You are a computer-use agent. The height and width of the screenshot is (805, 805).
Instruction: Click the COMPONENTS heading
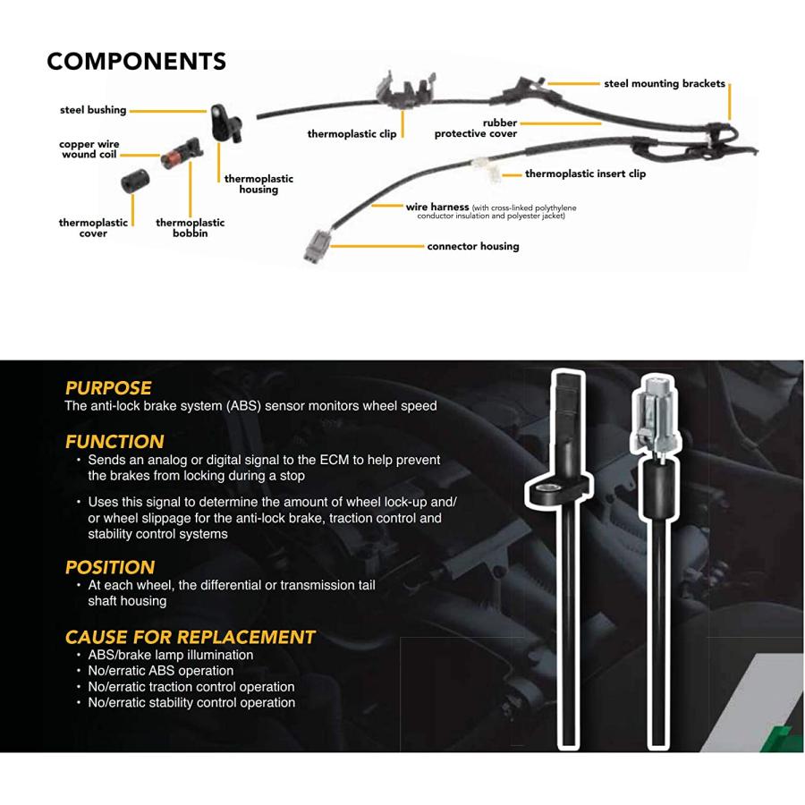[x=136, y=62]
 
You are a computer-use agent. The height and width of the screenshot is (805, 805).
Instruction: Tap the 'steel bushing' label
[x=93, y=111]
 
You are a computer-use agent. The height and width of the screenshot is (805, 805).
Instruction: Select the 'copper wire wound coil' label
[x=89, y=149]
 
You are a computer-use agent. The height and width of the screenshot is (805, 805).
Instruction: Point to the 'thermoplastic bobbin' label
[x=190, y=228]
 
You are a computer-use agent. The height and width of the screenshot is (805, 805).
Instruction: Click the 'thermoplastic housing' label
[x=258, y=184]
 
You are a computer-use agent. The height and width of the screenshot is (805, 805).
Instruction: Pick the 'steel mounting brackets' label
[x=664, y=84]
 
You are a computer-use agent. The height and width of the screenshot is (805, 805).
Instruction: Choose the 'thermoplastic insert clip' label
[x=585, y=174]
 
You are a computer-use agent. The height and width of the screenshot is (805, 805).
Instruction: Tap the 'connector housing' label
[x=472, y=246]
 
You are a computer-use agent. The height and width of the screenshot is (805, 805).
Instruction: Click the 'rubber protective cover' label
[x=476, y=129]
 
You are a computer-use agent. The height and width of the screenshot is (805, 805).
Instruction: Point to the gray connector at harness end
[x=318, y=245]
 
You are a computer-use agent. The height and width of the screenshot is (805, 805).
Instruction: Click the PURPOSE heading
[x=108, y=388]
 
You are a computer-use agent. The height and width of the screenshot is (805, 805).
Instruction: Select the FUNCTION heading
[x=114, y=442]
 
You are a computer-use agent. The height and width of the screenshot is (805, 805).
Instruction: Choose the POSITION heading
[x=110, y=567]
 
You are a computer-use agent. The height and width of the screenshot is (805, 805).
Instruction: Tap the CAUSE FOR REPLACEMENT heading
[x=190, y=637]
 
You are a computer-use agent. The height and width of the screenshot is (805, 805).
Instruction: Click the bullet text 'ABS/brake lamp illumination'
[x=170, y=655]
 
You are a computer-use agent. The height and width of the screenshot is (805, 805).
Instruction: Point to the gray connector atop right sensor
[x=657, y=413]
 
